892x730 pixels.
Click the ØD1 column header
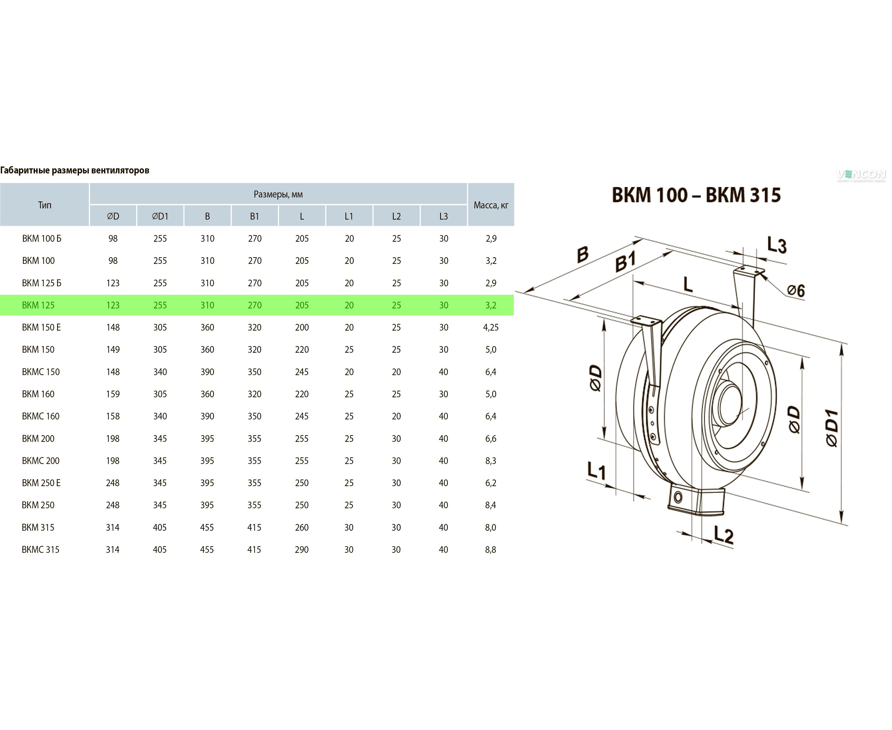point(160,216)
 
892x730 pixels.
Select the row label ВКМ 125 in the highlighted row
point(38,305)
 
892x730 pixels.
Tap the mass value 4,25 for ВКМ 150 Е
point(491,327)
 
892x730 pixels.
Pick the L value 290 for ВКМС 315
point(302,550)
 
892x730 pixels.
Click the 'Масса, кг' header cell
point(491,205)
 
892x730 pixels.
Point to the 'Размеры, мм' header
point(278,194)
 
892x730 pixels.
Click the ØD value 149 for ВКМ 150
point(113,350)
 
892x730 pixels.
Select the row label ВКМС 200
point(41,461)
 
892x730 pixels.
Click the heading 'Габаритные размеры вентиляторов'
point(75,170)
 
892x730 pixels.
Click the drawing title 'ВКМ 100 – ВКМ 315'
point(696,195)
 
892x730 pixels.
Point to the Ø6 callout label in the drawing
point(795,290)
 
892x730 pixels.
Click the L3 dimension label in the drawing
point(776,245)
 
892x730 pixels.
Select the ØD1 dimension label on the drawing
point(832,428)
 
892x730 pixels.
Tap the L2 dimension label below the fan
point(723,535)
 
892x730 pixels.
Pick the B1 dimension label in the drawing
point(626,261)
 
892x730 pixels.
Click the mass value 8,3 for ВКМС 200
point(491,461)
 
